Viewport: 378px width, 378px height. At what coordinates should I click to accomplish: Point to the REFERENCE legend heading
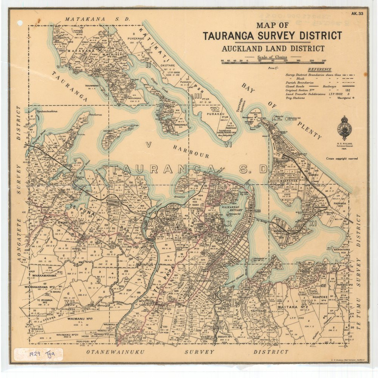(x=319, y=70)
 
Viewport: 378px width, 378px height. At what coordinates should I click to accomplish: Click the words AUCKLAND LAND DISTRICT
(x=273, y=49)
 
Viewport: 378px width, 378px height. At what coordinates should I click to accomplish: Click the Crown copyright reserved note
(x=341, y=158)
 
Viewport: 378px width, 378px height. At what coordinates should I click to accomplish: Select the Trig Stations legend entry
(x=299, y=98)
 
